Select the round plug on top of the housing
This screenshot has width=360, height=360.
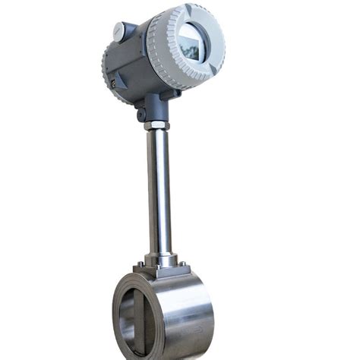tap(118, 30)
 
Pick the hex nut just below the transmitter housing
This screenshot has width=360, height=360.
tap(157, 124)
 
